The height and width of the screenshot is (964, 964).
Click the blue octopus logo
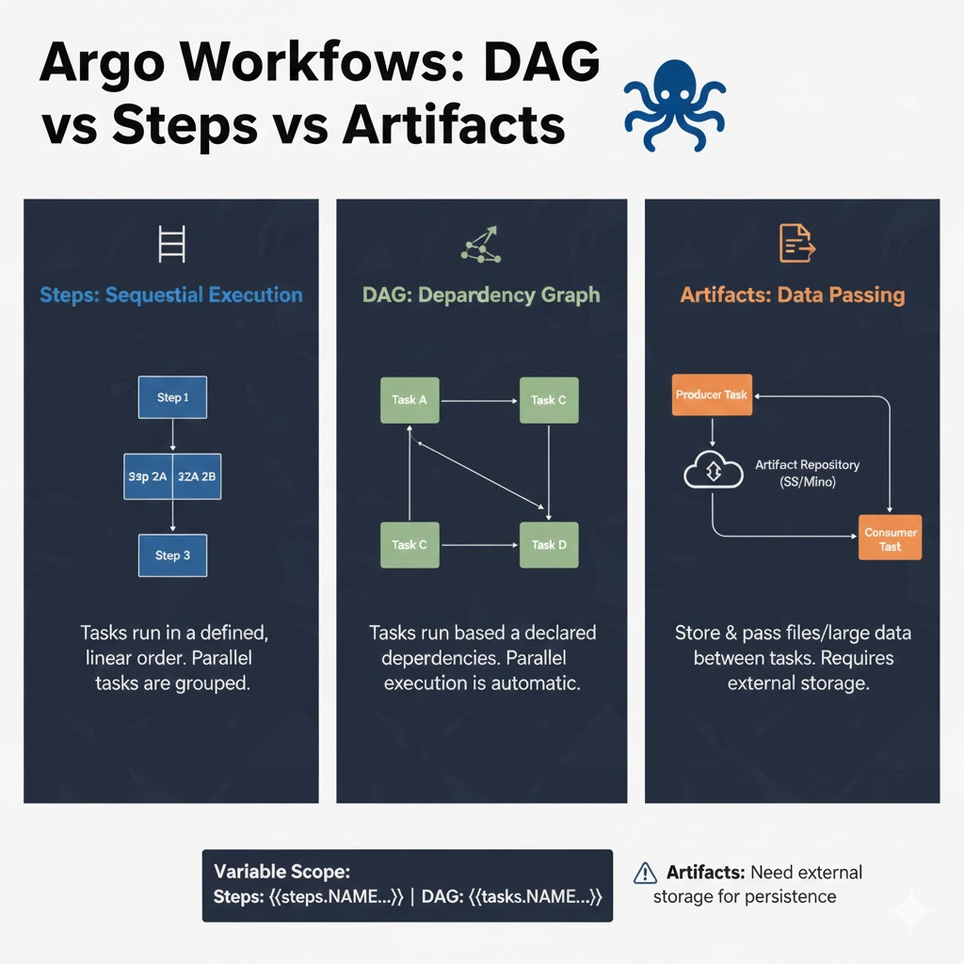pos(674,104)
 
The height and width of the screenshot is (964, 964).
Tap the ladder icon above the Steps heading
pos(172,243)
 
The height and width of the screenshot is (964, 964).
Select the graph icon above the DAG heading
pos(480,243)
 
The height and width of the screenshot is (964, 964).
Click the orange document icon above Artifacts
pos(795,243)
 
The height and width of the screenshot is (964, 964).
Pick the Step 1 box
pos(172,397)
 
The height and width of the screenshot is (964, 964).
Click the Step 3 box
pos(172,555)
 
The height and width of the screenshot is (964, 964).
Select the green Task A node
pos(410,400)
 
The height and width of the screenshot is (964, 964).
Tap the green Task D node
pos(549,544)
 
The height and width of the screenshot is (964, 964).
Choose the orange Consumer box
pos(890,538)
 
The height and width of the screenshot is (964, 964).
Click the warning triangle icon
pos(646,873)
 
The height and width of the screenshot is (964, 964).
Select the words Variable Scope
pos(281,872)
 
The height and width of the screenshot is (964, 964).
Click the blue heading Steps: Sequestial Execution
pos(171,295)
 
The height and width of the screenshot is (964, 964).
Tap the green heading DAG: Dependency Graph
pos(481,295)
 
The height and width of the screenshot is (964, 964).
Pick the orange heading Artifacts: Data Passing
pos(792,295)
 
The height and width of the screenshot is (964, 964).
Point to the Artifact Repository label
pos(807,465)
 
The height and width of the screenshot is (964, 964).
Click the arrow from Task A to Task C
pos(479,400)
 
